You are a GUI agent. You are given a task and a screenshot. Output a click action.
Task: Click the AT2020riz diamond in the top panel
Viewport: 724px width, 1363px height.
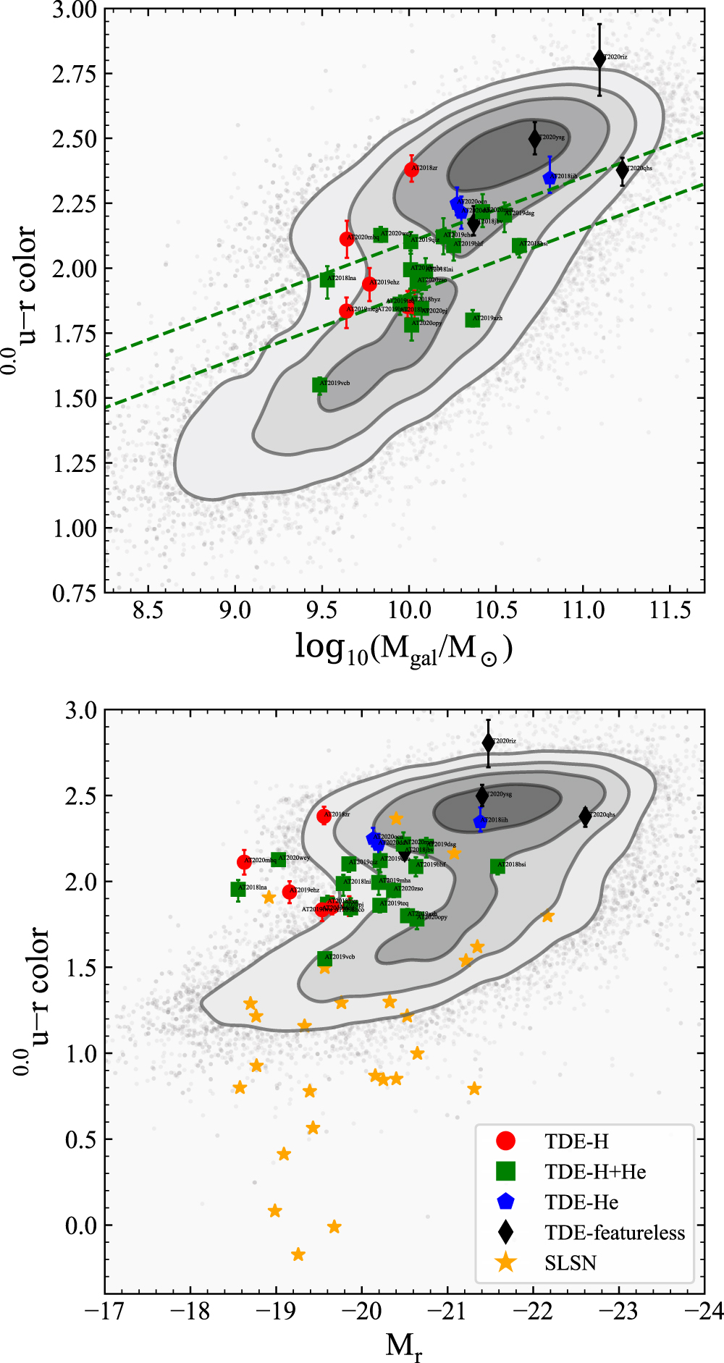[599, 59]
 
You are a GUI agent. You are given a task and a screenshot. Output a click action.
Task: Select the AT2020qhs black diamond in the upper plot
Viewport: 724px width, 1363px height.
[622, 170]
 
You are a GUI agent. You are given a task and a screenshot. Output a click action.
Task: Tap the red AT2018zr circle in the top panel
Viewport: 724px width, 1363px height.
[411, 169]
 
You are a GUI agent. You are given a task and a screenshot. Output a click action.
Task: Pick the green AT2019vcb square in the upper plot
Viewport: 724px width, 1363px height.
[319, 384]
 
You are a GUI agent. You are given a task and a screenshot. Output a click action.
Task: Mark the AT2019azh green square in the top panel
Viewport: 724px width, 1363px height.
[473, 319]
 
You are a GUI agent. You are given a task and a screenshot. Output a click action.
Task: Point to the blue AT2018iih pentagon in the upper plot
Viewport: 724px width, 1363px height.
[550, 177]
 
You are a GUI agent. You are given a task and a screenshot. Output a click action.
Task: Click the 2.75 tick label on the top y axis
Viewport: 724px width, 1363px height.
[74, 74]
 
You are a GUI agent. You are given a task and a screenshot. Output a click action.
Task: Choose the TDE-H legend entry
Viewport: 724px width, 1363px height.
[576, 1142]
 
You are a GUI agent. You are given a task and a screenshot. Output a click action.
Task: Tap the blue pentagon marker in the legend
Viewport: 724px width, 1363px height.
[505, 1202]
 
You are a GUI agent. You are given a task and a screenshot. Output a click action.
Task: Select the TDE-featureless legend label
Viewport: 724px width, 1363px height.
[615, 1233]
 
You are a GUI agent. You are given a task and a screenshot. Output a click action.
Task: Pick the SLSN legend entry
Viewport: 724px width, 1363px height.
[571, 1263]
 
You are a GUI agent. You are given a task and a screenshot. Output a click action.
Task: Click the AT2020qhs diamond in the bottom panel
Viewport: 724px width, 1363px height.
[585, 816]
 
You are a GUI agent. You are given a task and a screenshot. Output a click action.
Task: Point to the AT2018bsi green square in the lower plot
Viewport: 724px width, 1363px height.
[497, 866]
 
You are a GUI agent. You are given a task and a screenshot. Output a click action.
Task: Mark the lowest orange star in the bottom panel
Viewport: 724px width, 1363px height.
[298, 1254]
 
